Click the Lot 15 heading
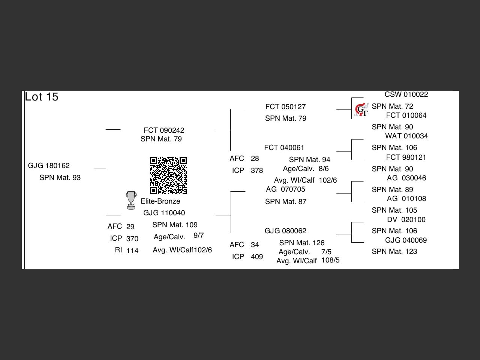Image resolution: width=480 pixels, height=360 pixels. tap(42, 97)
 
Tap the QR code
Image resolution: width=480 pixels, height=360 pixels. tap(168, 175)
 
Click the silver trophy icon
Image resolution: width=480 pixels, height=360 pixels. tap(131, 200)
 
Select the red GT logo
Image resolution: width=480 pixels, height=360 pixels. tap(361, 110)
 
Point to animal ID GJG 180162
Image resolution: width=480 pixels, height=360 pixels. tap(49, 166)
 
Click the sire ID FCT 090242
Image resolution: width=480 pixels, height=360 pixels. tap(164, 130)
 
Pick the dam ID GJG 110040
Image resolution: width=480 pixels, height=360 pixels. tap(164, 213)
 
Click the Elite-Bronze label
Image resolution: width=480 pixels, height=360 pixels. tap(160, 201)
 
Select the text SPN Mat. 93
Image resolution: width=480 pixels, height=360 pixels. tap(60, 178)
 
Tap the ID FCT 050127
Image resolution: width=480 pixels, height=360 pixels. tap(285, 107)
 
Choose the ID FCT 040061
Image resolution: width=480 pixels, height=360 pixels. tap(284, 148)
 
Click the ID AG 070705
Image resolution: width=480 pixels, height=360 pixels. tap(285, 189)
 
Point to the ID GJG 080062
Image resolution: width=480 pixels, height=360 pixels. tap(285, 231)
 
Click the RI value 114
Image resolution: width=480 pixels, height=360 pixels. tap(132, 251)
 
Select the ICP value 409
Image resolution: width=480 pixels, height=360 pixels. tap(257, 257)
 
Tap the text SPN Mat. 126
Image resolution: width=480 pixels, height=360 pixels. tap(301, 243)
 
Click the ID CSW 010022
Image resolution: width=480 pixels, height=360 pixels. tap(406, 94)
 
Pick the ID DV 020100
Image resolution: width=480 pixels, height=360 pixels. tap(406, 220)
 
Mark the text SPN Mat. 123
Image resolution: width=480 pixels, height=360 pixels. tap(394, 252)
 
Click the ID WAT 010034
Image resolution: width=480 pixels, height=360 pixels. tap(406, 136)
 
